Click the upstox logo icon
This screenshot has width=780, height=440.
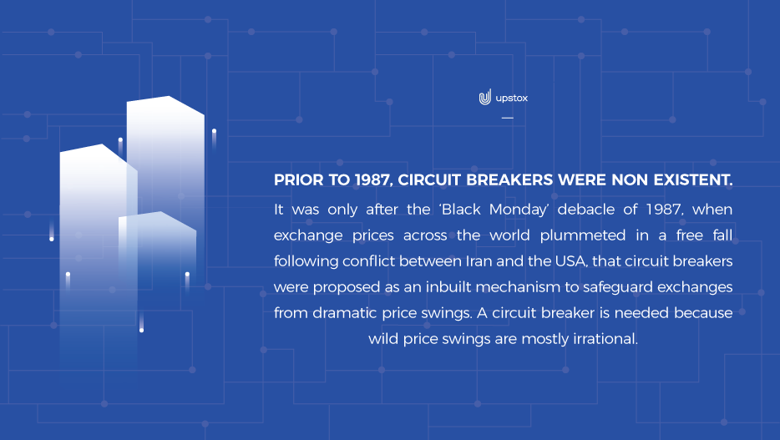[x=485, y=98]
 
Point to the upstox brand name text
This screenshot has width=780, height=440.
[x=512, y=99]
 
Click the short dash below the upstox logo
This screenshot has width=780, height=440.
[x=508, y=118]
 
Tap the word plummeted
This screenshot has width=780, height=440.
[x=583, y=235]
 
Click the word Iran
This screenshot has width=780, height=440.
[x=479, y=261]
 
